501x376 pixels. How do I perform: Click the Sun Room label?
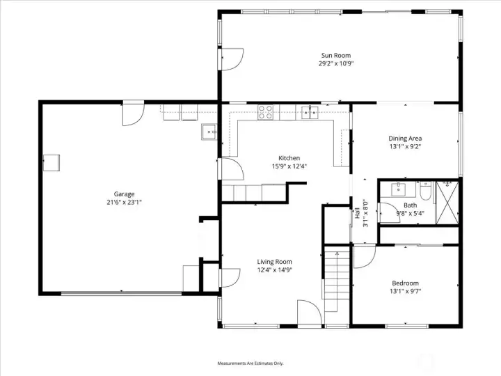335,56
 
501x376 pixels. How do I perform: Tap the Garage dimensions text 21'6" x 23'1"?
125,202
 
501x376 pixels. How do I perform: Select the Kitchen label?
289,158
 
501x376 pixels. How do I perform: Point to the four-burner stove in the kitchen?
266,111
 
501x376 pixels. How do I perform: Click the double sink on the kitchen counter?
310,111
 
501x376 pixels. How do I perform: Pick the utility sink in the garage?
209,132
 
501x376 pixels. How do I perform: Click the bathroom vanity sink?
399,189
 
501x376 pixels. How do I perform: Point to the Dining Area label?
405,139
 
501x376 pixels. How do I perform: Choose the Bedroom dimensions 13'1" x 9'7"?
405,291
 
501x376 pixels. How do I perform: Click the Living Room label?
274,262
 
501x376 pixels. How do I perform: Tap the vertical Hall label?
357,214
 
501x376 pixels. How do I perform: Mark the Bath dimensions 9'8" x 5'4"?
410,214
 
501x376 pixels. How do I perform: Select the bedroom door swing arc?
363,257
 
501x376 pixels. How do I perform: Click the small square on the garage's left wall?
51,163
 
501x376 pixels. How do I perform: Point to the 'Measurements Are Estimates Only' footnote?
250,363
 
